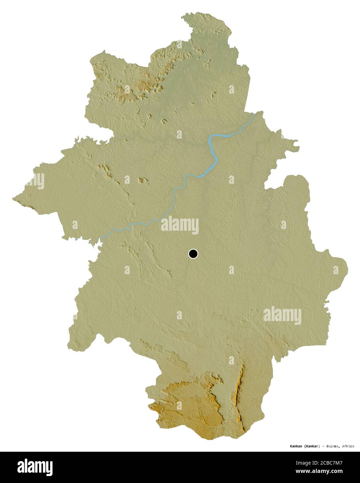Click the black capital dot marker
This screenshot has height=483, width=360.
[193, 254]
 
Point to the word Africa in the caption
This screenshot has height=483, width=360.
[348, 446]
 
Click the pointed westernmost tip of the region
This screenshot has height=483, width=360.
[14, 199]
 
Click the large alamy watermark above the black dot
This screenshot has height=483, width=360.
[179, 225]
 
